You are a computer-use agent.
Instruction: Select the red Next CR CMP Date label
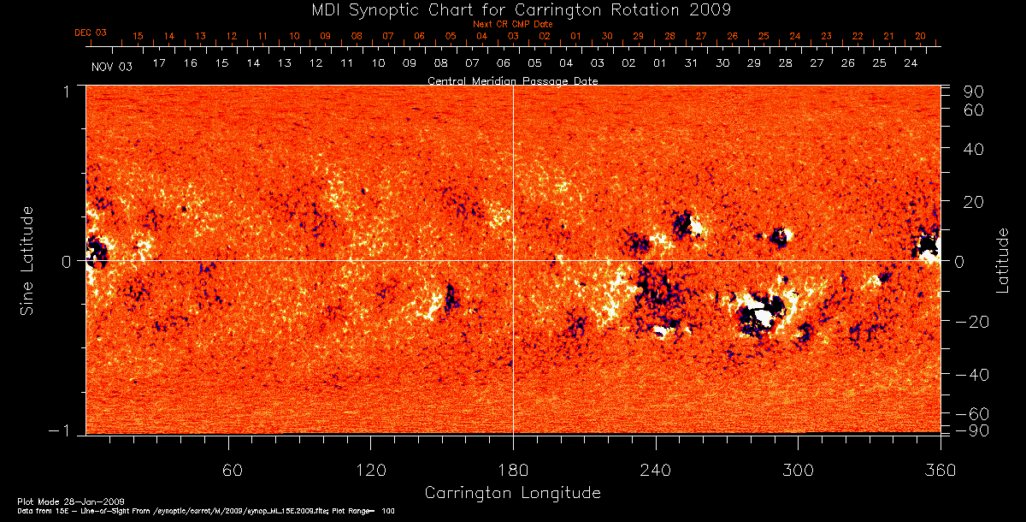513,24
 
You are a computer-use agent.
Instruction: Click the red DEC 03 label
91,33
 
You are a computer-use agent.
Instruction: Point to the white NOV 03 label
112,66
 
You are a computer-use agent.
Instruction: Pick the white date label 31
691,63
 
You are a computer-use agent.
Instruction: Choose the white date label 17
159,63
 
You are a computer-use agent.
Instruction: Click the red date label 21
888,36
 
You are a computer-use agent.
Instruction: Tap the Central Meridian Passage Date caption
512,80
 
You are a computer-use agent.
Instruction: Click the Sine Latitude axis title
28,259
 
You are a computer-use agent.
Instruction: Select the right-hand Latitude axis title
1002,259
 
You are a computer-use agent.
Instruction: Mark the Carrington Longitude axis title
512,493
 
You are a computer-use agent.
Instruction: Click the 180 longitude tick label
513,471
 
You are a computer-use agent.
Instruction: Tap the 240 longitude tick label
656,471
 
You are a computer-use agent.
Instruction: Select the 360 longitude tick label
940,471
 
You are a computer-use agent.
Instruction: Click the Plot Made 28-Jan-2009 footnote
71,501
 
